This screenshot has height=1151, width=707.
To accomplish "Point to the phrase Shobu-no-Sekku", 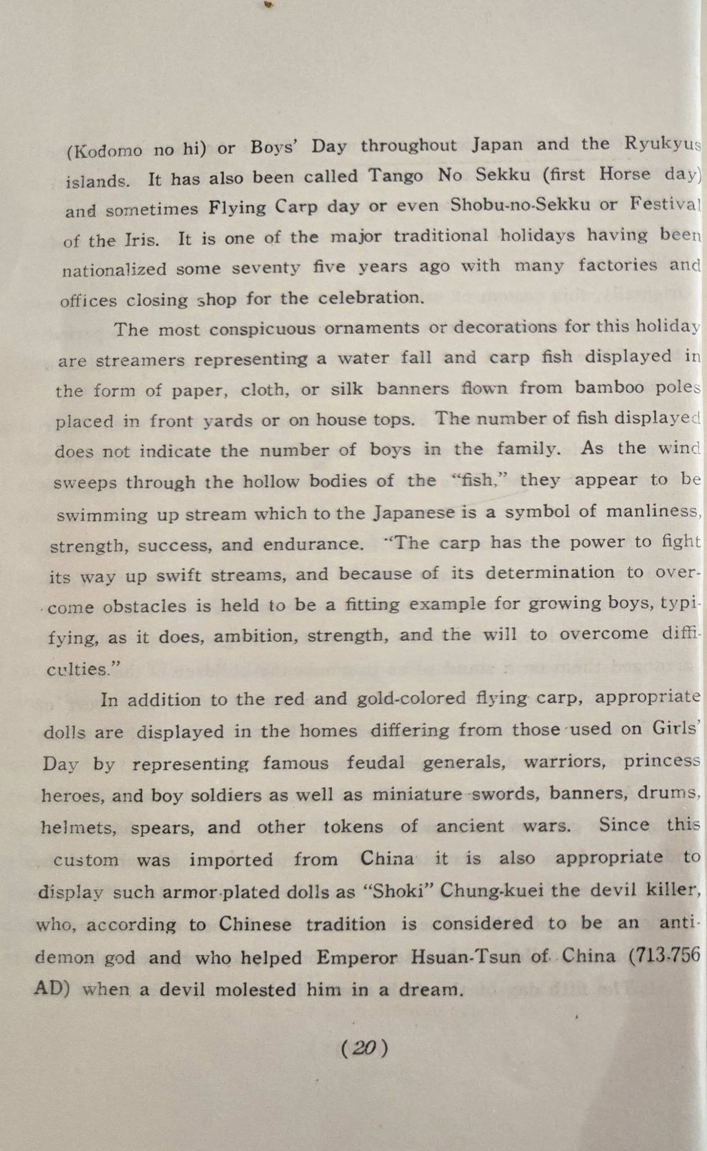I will pos(520,205).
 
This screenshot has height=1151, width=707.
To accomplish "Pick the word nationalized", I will pos(114,270).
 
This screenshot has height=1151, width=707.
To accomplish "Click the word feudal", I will pos(375,763).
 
